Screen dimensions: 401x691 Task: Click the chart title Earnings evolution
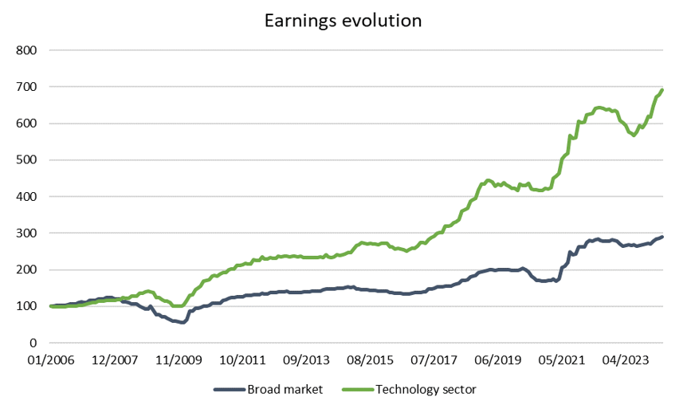click(x=344, y=21)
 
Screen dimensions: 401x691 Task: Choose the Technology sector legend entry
click(x=415, y=389)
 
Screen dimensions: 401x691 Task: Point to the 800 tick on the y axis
click(x=27, y=50)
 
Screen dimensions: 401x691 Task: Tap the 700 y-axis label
click(x=27, y=87)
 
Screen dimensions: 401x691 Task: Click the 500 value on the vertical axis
click(x=27, y=160)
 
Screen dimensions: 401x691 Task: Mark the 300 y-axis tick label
click(x=27, y=233)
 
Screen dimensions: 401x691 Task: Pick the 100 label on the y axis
click(x=27, y=306)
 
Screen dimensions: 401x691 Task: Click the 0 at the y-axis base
click(x=34, y=343)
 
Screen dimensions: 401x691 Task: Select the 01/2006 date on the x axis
click(x=52, y=360)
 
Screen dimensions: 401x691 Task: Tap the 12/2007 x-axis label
click(x=114, y=360)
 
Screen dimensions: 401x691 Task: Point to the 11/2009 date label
click(x=178, y=360)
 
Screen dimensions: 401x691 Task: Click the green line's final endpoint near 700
click(x=662, y=90)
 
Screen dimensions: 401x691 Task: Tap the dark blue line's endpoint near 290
click(x=662, y=237)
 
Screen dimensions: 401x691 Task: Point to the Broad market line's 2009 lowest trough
click(x=182, y=322)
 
